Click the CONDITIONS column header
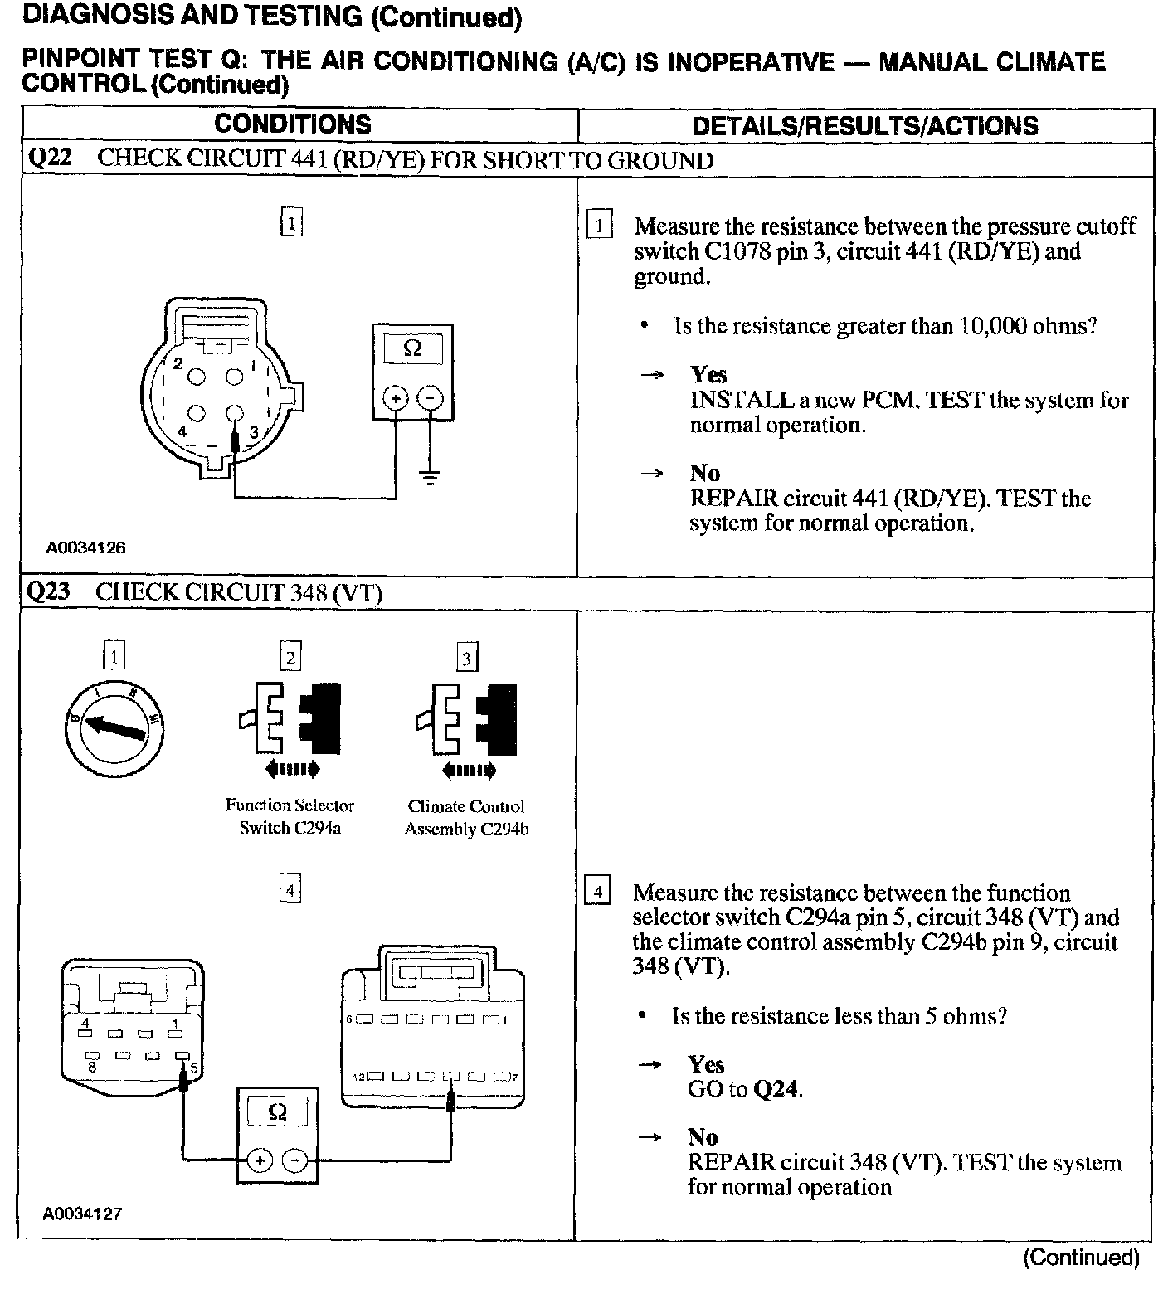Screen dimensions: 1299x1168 pos(292,124)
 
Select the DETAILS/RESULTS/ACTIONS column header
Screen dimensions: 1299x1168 pos(864,126)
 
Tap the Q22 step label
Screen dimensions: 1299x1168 pos(50,158)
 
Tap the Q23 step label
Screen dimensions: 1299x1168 pos(49,591)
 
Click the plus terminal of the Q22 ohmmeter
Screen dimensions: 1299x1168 pos(396,399)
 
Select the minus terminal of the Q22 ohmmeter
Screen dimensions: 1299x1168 pos(429,399)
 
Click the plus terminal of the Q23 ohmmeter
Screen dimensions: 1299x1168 pos(260,1160)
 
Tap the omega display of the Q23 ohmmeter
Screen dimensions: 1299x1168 pos(278,1112)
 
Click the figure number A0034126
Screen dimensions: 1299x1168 pos(85,548)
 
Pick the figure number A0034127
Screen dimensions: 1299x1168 pos(83,1214)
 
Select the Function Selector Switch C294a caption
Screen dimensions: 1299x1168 pos(290,816)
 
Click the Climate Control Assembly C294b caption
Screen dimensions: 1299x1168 pos(466,818)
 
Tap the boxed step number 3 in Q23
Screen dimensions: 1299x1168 pos(467,659)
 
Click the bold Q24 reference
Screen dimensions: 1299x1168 pos(776,1089)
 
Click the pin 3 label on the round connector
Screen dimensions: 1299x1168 pos(254,431)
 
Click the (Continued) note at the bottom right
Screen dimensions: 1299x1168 pos(1082,1258)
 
